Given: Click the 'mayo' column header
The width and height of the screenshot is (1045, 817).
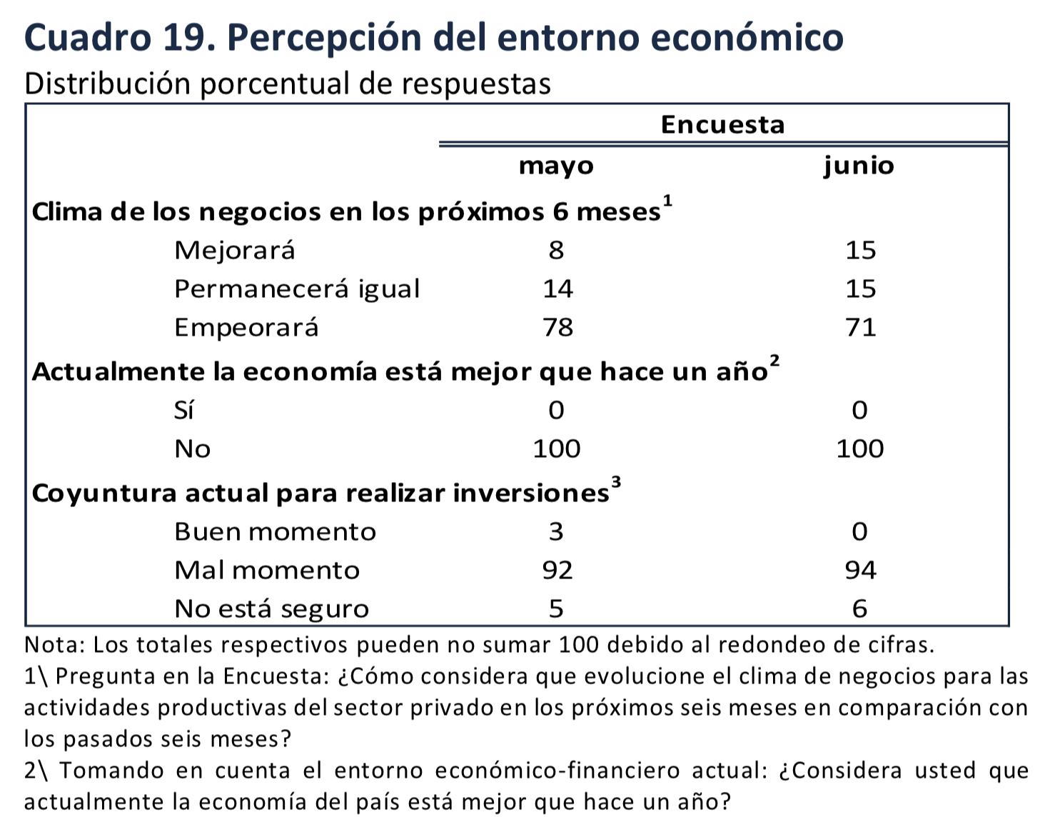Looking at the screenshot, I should (556, 166).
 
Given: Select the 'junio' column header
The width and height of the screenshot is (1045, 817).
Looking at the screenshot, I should (859, 166).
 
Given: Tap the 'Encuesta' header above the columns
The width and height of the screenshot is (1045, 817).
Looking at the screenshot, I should (722, 125).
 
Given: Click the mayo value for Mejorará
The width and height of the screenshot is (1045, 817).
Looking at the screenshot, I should (556, 250).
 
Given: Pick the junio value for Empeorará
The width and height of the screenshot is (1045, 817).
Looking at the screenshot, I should (860, 327).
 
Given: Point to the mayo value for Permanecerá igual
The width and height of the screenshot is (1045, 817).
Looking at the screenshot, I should (557, 289).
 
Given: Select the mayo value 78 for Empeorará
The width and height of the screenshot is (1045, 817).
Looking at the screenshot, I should (557, 327).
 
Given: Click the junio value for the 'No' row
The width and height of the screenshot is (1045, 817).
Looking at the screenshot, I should (860, 448).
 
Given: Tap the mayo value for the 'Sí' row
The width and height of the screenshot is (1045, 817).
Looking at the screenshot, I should (556, 410).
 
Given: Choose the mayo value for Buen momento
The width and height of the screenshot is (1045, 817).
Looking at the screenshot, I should (556, 531).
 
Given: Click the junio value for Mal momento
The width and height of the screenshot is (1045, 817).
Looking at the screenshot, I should (860, 570).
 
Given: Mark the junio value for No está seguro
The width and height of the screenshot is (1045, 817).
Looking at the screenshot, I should (860, 608).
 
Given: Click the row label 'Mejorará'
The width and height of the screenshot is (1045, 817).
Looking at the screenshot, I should (234, 250).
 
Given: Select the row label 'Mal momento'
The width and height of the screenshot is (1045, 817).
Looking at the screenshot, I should (267, 570).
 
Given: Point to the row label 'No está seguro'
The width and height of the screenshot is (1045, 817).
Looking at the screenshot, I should (271, 608).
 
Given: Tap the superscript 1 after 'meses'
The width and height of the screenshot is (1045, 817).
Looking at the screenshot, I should (667, 201).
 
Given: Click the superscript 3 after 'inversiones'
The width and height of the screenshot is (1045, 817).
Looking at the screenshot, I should (616, 482).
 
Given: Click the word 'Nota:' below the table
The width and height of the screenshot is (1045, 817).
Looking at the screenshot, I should (55, 645).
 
